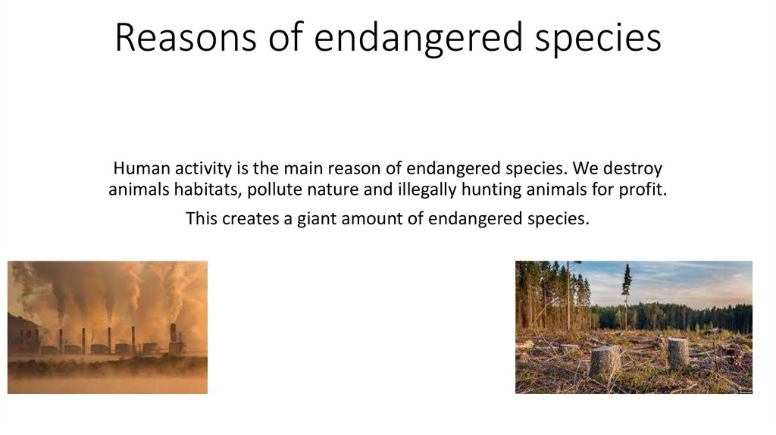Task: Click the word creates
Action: point(250,219)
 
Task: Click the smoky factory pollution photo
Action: point(108,327)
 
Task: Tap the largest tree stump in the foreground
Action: point(605,361)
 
